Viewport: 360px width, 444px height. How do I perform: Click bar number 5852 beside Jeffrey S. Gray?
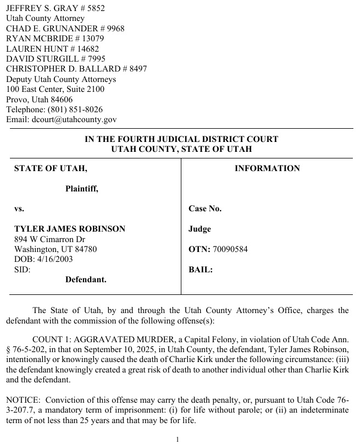pos(94,8)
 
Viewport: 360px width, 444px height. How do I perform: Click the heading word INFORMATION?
pos(267,168)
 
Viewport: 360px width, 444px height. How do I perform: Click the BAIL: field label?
pos(201,270)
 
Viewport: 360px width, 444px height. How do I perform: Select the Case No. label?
pos(205,209)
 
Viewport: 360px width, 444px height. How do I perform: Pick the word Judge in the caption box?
pos(200,229)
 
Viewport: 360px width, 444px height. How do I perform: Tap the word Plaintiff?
pos(82,189)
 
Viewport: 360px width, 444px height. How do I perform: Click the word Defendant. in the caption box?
pos(86,279)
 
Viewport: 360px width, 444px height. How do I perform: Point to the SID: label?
pos(22,270)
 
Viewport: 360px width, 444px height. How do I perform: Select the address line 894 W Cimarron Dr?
pos(49,239)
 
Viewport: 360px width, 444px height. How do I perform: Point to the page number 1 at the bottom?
pos(178,439)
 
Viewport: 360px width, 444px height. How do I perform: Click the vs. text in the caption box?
pos(19,209)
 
